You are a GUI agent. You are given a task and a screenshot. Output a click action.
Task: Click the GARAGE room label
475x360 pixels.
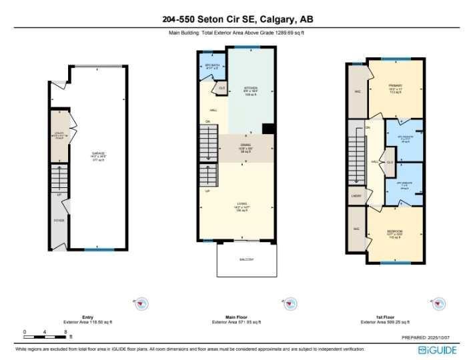coord(99,154)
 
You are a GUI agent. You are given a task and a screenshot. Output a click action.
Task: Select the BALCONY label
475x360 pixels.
coord(246,259)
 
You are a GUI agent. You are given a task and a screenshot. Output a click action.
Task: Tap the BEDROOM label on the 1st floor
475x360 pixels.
coord(394,232)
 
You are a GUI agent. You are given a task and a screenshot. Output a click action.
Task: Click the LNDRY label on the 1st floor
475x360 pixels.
coord(356,196)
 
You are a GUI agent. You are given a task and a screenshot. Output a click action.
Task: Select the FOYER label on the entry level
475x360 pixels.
coord(59,219)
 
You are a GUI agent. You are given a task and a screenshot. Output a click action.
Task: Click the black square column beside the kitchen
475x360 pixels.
coord(268,129)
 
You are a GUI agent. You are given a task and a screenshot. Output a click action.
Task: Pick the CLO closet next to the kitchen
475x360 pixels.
coord(221,87)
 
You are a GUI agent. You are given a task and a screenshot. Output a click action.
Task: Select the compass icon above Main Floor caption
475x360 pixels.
coord(289,304)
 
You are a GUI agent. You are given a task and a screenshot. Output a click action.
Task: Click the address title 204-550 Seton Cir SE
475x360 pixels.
coord(237,19)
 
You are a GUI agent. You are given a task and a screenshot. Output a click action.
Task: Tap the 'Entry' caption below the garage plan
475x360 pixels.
coord(88,317)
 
